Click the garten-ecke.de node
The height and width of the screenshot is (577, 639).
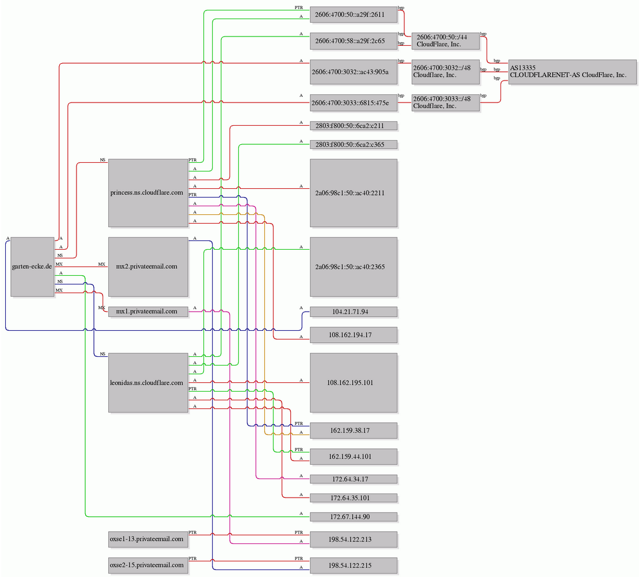pyautogui.click(x=32, y=266)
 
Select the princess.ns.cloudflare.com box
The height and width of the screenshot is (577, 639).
pyautogui.click(x=148, y=193)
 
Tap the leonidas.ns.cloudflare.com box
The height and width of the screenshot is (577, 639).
pyautogui.click(x=148, y=382)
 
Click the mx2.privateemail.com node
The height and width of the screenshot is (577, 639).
pyautogui.click(x=148, y=266)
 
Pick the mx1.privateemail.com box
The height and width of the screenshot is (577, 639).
pyautogui.click(x=148, y=311)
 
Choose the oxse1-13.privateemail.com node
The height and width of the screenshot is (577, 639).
pyautogui.click(x=148, y=539)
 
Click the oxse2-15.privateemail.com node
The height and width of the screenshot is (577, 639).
pyautogui.click(x=148, y=565)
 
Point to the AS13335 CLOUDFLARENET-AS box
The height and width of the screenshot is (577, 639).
pyautogui.click(x=572, y=72)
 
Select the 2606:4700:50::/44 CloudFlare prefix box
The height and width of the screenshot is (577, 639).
pyautogui.click(x=446, y=41)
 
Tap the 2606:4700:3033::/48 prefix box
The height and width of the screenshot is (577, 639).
pyautogui.click(x=446, y=103)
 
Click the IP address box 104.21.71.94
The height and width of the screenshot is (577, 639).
pyautogui.click(x=353, y=312)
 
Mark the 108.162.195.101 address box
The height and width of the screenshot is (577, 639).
pyautogui.click(x=353, y=382)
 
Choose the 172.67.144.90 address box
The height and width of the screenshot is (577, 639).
pyautogui.click(x=353, y=517)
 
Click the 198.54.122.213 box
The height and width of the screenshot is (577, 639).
pyautogui.click(x=353, y=539)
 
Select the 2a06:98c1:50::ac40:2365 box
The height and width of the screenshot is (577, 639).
pyautogui.click(x=353, y=267)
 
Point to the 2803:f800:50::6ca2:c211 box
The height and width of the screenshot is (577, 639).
pyautogui.click(x=353, y=126)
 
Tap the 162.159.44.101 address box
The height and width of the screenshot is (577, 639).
pyautogui.click(x=353, y=457)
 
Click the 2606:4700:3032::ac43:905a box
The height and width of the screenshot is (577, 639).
pyautogui.click(x=353, y=72)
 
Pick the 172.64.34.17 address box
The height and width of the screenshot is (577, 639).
pyautogui.click(x=353, y=479)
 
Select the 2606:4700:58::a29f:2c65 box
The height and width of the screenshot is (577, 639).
pyautogui.click(x=353, y=41)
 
